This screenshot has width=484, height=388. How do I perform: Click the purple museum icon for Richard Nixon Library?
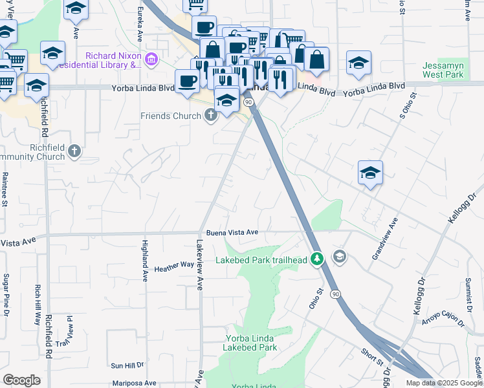151,60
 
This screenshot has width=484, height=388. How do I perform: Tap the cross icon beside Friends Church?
210,116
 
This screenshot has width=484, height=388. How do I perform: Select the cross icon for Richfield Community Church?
74,152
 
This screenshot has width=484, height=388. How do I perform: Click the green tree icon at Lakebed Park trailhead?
316,259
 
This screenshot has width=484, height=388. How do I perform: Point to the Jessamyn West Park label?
443,70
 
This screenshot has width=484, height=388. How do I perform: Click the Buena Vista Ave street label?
232,232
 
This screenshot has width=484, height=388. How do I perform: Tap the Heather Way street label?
174,265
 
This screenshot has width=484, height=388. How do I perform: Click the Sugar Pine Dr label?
6,294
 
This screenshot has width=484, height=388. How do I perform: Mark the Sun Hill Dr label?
126,365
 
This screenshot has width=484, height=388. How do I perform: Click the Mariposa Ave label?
135,383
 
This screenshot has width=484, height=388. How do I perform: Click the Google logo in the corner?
21,380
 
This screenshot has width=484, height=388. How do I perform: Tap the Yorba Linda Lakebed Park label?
250,343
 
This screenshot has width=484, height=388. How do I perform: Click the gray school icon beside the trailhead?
338,257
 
